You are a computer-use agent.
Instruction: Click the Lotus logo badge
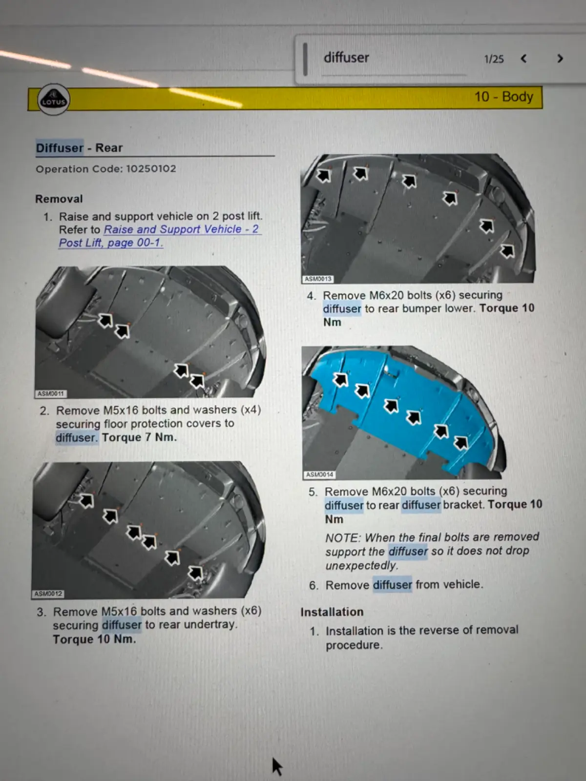click(x=54, y=99)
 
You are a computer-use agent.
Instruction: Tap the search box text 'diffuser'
click(x=346, y=57)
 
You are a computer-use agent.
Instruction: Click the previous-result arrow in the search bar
click(x=523, y=59)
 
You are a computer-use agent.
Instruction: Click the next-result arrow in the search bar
click(x=560, y=59)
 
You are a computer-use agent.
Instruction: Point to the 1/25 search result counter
click(x=494, y=59)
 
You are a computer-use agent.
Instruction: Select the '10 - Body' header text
click(x=504, y=97)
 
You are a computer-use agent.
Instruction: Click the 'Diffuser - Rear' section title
click(x=79, y=148)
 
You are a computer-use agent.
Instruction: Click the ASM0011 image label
click(x=50, y=393)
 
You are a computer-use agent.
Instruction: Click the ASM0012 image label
click(x=48, y=594)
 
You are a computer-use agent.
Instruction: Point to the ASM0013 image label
click(x=318, y=279)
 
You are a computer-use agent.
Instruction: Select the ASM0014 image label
click(x=320, y=474)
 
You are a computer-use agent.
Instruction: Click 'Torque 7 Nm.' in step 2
click(x=139, y=437)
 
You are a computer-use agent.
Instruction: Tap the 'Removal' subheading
click(x=59, y=199)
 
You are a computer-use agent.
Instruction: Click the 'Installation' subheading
click(x=332, y=612)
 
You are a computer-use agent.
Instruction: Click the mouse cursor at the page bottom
click(x=277, y=766)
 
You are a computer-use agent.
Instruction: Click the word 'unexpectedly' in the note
click(x=361, y=566)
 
